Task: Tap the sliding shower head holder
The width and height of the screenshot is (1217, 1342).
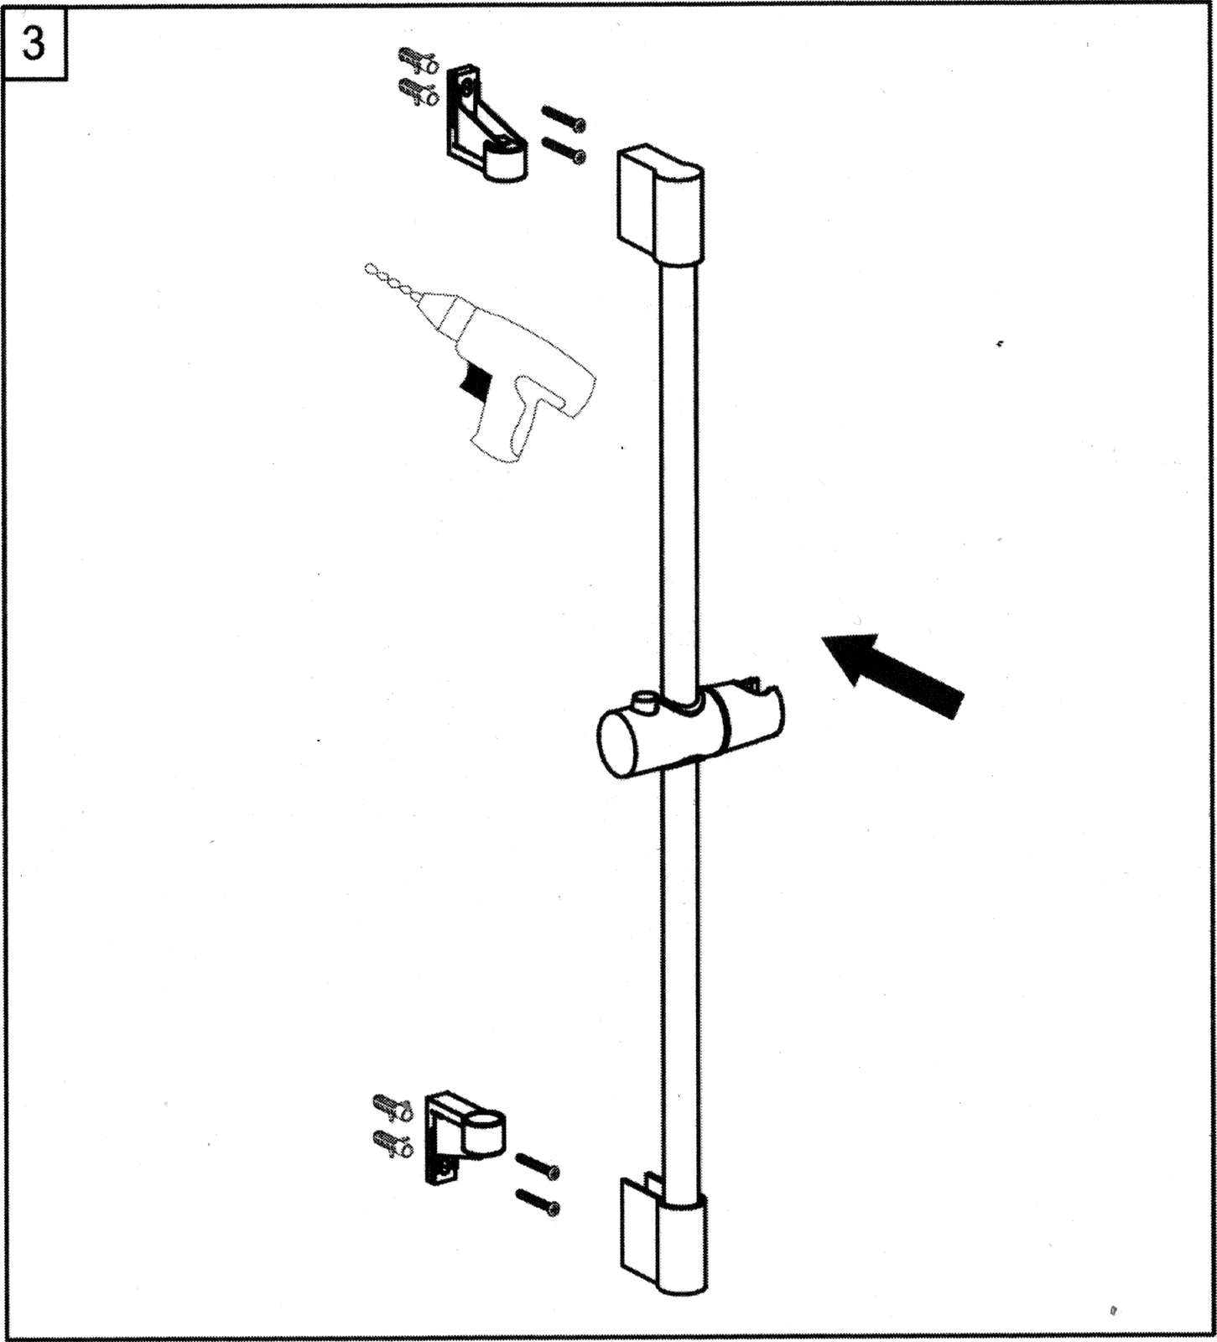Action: click(690, 729)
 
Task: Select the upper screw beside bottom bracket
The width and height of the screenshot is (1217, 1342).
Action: click(537, 1166)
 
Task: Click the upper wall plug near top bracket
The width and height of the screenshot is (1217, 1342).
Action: click(418, 61)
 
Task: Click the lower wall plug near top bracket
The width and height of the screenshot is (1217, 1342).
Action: click(419, 91)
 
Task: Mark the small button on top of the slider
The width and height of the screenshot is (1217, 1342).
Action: click(645, 701)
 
